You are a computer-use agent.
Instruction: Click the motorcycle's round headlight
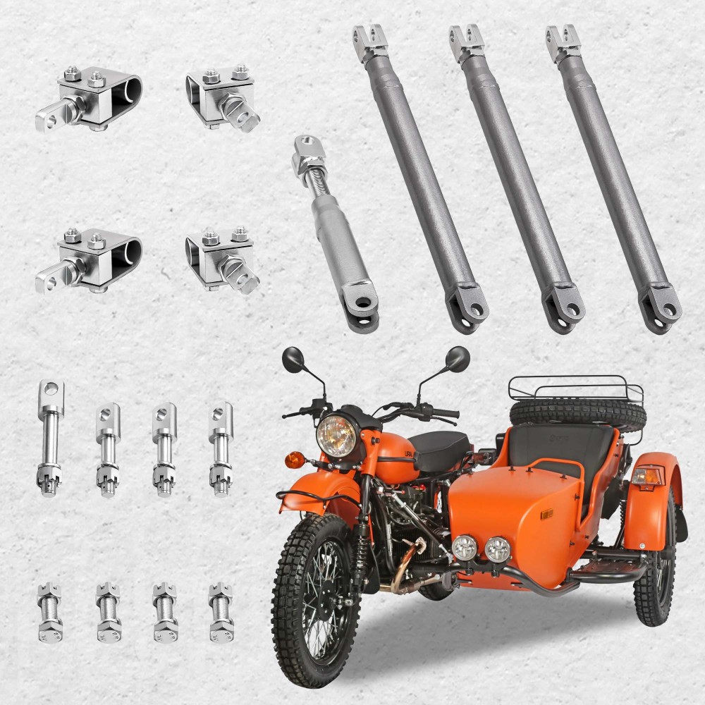click(336, 435)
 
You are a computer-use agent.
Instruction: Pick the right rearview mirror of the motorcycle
click(457, 359)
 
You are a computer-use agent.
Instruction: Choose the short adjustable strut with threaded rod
click(336, 233)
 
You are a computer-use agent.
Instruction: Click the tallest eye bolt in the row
click(50, 437)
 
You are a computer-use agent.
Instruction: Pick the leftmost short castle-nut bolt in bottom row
click(49, 611)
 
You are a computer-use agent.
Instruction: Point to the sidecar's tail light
click(646, 476)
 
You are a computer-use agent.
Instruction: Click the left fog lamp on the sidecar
click(465, 547)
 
